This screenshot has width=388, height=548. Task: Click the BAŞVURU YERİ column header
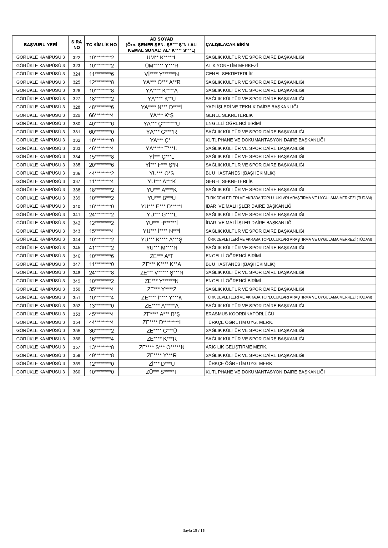click(x=40, y=45)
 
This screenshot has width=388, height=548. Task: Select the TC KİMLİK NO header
click(x=101, y=45)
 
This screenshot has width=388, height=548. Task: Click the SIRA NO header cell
click(x=77, y=45)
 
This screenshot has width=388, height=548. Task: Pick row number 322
click(x=77, y=57)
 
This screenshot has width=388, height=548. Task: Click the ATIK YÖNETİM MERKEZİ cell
click(x=232, y=66)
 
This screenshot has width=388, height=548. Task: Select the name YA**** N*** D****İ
click(x=162, y=107)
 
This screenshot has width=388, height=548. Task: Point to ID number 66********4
click(x=101, y=115)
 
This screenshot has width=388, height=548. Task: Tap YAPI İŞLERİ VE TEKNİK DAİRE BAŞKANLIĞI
click(x=252, y=107)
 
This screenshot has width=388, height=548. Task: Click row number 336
click(x=77, y=173)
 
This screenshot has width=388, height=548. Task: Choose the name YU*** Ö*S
click(x=162, y=173)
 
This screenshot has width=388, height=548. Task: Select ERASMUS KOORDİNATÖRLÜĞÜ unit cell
click(x=240, y=314)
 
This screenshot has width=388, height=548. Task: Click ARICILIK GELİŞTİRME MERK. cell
click(x=236, y=347)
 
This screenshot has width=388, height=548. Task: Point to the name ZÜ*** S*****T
click(x=162, y=372)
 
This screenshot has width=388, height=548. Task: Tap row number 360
click(x=77, y=372)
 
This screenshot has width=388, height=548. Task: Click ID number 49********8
click(x=101, y=355)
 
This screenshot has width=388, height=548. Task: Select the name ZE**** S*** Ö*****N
click(x=162, y=347)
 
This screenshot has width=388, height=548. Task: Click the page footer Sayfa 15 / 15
click(x=194, y=530)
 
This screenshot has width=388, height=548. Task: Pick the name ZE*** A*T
click(x=162, y=256)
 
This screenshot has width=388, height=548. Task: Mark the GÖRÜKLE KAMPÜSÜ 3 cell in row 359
click(x=41, y=363)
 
